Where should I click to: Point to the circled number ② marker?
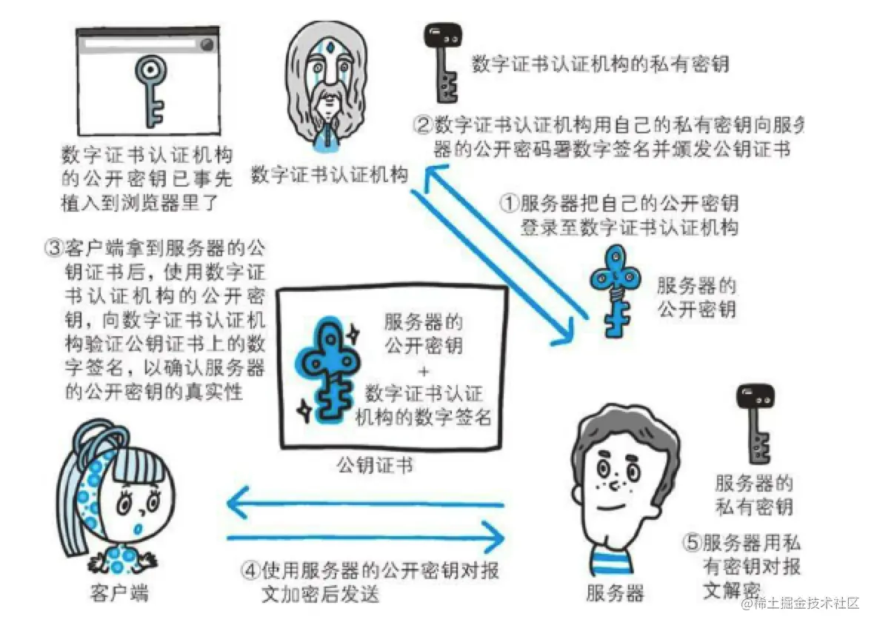click(423, 123)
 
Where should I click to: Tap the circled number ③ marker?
click(54, 247)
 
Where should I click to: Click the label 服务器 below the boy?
click(615, 592)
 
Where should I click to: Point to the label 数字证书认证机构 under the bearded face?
click(330, 176)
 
